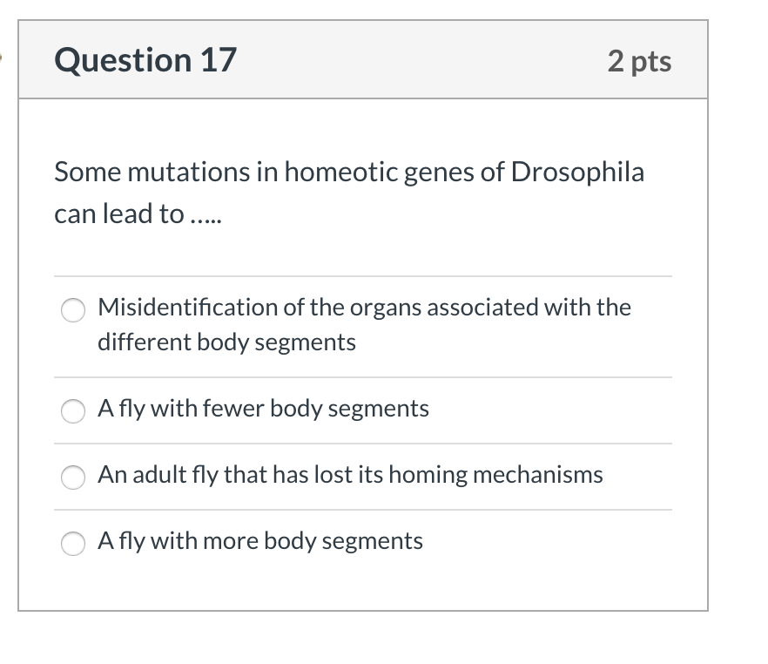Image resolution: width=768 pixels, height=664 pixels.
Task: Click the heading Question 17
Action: [145, 60]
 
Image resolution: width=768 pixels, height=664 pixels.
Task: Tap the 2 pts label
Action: [640, 61]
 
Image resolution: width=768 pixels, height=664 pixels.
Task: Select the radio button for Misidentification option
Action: [73, 309]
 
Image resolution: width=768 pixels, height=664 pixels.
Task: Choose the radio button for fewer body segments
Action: [73, 410]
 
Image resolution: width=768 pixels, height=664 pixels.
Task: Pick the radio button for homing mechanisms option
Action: [73, 476]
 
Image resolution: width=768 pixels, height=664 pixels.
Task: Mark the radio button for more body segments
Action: [73, 542]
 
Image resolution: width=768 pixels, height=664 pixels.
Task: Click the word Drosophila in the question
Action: [577, 172]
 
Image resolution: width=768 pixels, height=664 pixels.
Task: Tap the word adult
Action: [157, 474]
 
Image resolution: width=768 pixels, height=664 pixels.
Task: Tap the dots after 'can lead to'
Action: [206, 213]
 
